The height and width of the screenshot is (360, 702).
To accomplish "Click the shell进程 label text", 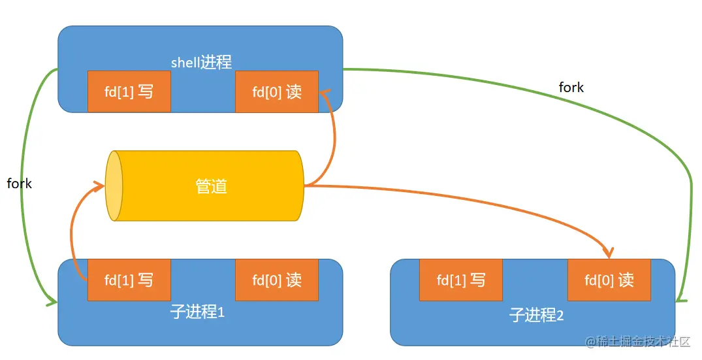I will click(x=201, y=63).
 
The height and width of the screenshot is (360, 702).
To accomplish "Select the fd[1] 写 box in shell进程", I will click(x=129, y=91).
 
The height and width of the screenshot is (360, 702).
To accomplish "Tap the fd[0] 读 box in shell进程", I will click(x=277, y=91).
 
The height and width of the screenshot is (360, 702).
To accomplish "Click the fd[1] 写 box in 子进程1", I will click(x=129, y=280).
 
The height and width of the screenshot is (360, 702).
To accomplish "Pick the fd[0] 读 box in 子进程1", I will click(x=277, y=280).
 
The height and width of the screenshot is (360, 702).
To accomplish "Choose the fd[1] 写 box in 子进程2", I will click(x=461, y=280).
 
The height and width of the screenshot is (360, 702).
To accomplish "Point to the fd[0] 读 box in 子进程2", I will click(x=609, y=280).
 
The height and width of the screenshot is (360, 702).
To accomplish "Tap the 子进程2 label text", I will click(x=536, y=316).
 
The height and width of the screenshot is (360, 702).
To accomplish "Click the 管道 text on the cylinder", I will click(x=212, y=186).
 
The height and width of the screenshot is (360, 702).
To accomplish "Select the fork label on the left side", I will click(x=19, y=184).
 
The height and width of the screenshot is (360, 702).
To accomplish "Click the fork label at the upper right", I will click(x=571, y=87).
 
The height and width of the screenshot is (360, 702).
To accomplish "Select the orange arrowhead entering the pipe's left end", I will click(x=100, y=188).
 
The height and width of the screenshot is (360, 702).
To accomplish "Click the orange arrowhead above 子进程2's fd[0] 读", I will click(x=609, y=252).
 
